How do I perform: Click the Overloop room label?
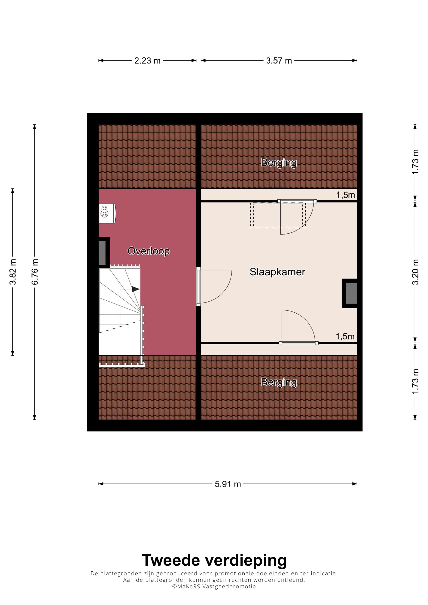tap(149, 251)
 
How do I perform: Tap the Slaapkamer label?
tap(277, 272)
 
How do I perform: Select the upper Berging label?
tap(279, 163)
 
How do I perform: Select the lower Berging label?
tap(279, 383)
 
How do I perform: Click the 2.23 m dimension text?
tap(147, 61)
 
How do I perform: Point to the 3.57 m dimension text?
tap(279, 61)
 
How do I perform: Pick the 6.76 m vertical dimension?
tap(35, 272)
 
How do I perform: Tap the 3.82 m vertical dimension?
tap(13, 272)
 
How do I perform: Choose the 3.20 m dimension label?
tap(415, 272)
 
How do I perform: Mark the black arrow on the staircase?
tap(135, 289)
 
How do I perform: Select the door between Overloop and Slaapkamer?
tap(214, 286)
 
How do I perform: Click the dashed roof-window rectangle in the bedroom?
tap(278, 215)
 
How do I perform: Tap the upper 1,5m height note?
tap(345, 195)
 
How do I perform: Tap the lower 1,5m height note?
tap(345, 336)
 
